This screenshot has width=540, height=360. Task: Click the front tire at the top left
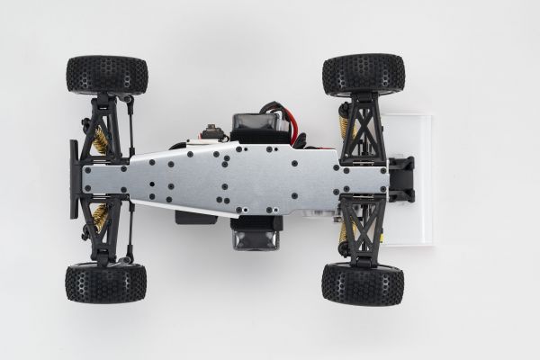106,75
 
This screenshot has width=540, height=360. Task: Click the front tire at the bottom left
105,284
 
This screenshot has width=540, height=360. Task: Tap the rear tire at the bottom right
363,283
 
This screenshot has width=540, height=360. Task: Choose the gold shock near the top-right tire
346,135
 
